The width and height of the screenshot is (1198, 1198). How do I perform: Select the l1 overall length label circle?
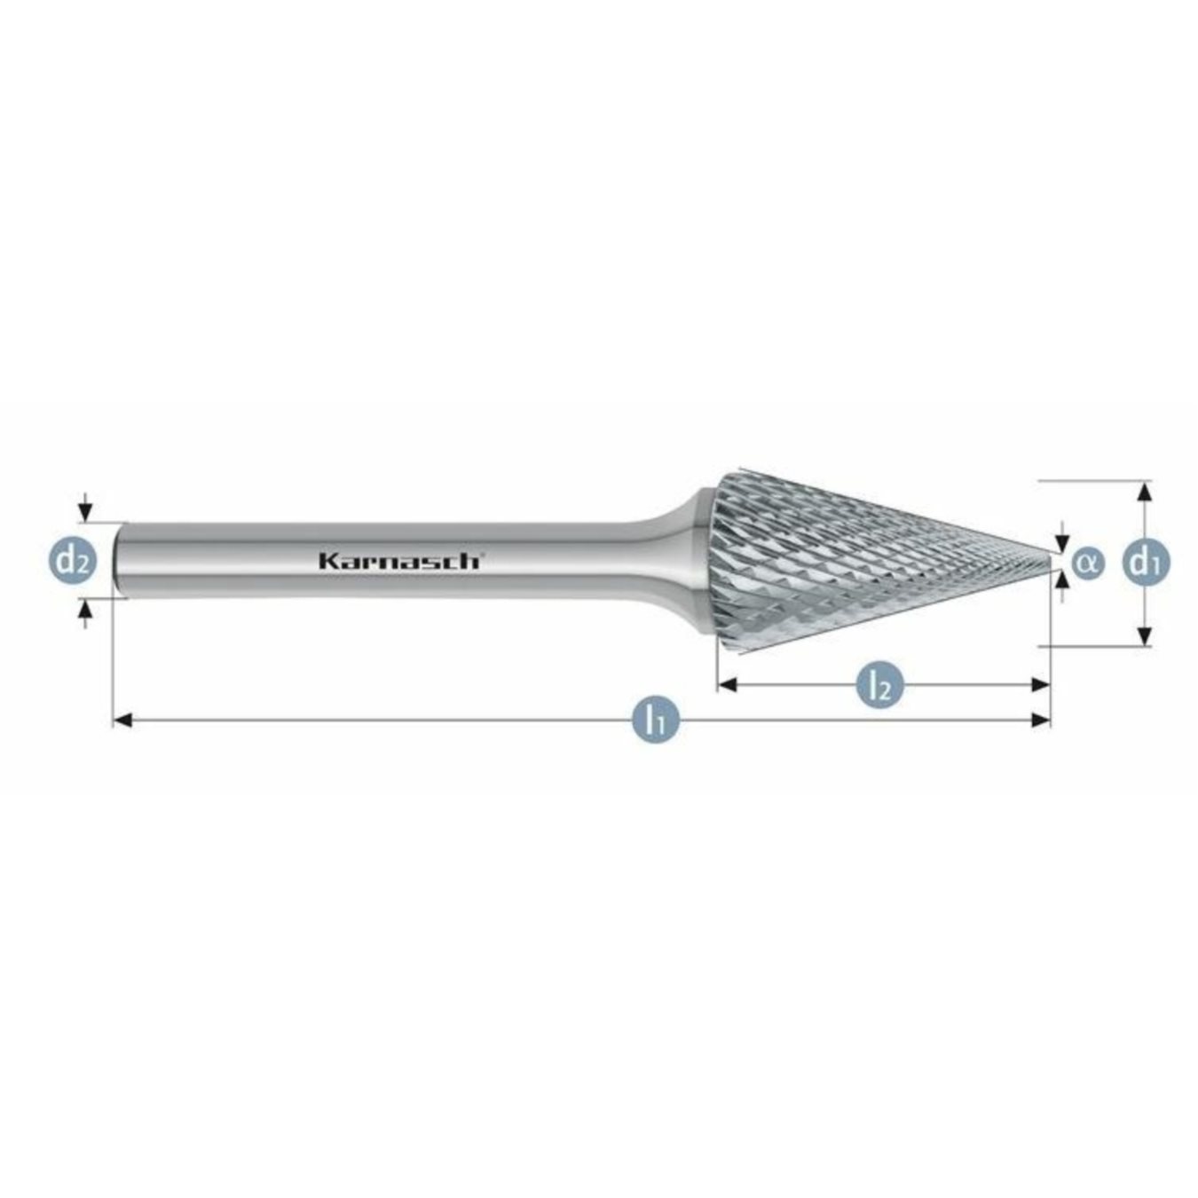(x=655, y=720)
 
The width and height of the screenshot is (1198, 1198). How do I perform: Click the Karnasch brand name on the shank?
(x=399, y=561)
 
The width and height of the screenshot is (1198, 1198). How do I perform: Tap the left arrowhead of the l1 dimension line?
(x=123, y=720)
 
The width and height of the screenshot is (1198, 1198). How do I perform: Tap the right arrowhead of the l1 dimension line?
(x=1041, y=720)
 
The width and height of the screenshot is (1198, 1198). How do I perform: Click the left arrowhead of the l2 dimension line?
(x=727, y=684)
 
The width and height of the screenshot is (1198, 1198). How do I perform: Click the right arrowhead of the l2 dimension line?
(x=1040, y=684)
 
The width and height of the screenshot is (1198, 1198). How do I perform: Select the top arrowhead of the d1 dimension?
(x=1145, y=491)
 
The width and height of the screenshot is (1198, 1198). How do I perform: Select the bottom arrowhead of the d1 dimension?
(x=1145, y=635)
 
